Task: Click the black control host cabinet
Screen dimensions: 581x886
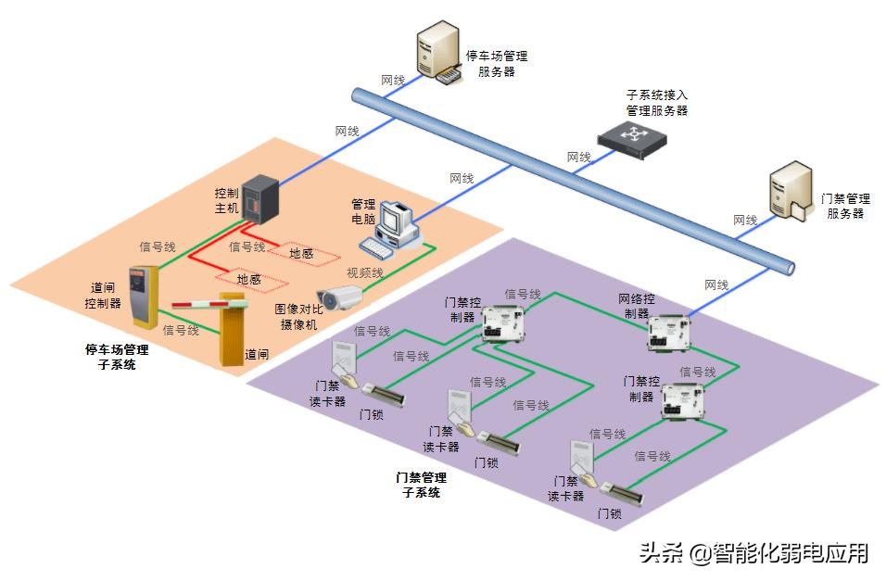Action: coord(259,200)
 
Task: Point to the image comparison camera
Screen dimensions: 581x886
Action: coord(340,297)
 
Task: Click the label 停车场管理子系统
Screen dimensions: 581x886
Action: coord(116,357)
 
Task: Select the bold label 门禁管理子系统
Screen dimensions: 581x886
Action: coord(421,485)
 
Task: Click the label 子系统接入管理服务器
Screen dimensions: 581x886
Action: coord(657,102)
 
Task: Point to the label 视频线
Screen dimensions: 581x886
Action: coord(364,272)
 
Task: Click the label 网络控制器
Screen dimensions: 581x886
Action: coord(637,306)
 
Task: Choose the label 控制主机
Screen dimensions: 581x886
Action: coord(226,200)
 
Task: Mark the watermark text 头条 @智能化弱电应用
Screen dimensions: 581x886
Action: coord(753,553)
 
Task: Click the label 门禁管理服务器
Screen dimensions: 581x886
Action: coord(845,206)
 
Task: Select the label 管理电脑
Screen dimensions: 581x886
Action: coord(362,211)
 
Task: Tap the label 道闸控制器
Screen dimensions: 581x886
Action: coord(102,296)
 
